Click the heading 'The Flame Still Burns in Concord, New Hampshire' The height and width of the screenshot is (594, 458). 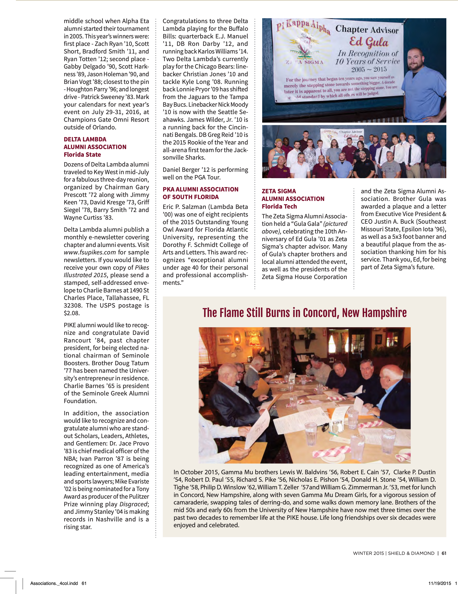point(304,313)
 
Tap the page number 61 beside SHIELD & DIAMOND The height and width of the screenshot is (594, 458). point(444,553)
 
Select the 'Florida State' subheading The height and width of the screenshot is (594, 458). point(82,155)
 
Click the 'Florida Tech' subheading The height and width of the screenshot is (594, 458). point(279,206)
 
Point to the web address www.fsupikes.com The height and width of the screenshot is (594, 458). point(90,252)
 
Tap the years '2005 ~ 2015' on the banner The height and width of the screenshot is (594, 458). point(369,69)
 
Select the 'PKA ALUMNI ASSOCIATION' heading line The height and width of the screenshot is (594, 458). point(200,189)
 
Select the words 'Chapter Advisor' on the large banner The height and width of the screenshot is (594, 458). point(367,29)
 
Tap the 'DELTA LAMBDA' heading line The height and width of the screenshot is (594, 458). point(85,139)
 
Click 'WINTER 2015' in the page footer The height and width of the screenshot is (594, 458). point(368,553)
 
